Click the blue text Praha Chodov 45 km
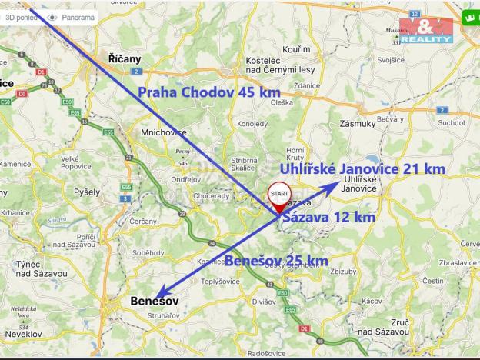(x=208, y=92)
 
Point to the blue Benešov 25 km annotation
(x=276, y=262)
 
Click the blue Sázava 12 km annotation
(x=329, y=218)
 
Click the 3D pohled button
(x=18, y=16)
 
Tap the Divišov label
(x=262, y=302)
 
